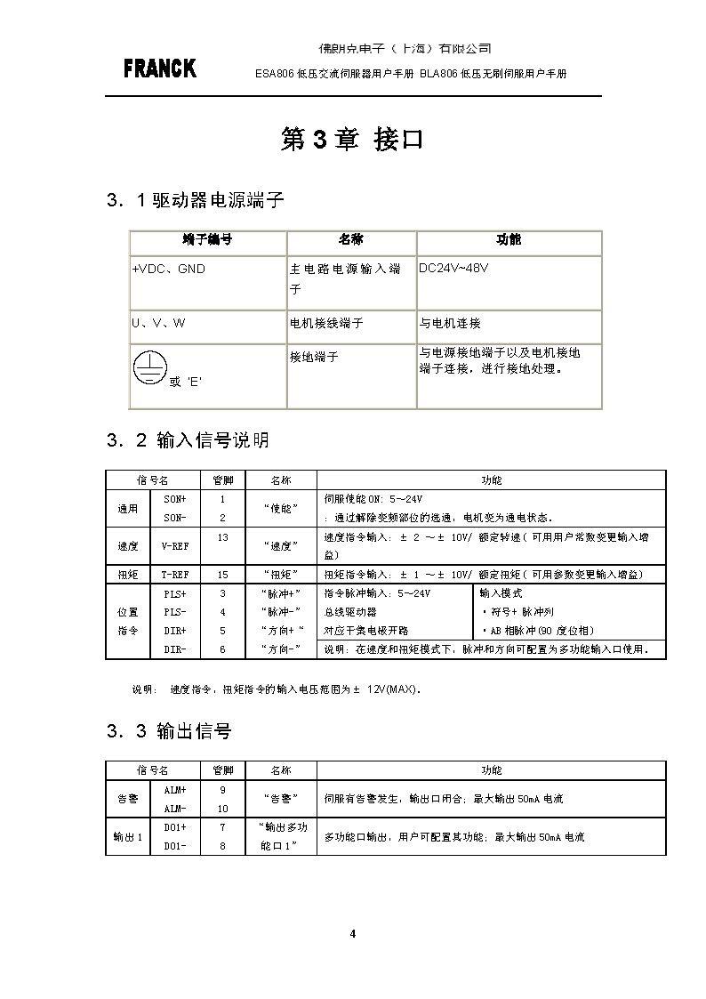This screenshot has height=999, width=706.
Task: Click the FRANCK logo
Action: (x=160, y=68)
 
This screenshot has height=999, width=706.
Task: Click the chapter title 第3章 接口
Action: (x=351, y=140)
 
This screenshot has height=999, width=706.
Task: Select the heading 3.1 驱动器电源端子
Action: (x=195, y=200)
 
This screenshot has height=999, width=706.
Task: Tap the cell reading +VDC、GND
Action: (x=168, y=269)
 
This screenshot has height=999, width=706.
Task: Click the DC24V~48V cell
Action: (x=453, y=268)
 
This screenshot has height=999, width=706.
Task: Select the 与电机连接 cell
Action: (x=450, y=324)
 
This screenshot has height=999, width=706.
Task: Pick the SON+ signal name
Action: (x=175, y=500)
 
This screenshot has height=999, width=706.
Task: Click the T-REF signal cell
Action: (x=174, y=575)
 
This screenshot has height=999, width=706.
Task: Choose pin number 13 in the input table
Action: (x=222, y=537)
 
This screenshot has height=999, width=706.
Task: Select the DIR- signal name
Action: (x=175, y=650)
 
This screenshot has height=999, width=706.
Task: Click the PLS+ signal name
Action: (x=175, y=593)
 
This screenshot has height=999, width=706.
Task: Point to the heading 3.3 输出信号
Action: (x=169, y=731)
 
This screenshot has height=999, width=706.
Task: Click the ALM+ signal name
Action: (x=175, y=790)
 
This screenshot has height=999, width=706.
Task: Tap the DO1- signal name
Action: (x=175, y=846)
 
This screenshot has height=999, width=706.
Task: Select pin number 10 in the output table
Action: (x=222, y=809)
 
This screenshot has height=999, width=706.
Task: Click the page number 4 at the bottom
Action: (x=353, y=933)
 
